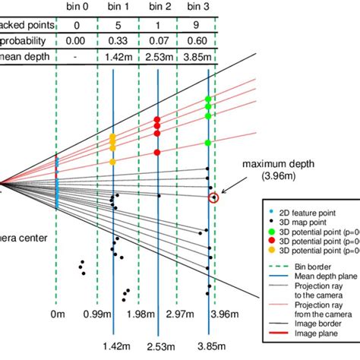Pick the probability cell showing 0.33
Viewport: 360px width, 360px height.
(x=112, y=39)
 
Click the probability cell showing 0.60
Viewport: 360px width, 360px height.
(x=207, y=39)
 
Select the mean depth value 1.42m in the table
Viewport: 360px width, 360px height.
(x=112, y=55)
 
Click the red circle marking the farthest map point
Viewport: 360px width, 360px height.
(x=215, y=198)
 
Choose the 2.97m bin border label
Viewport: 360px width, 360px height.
(x=182, y=314)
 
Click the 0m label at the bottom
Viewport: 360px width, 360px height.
(x=58, y=314)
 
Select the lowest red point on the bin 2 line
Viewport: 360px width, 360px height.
(x=157, y=152)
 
